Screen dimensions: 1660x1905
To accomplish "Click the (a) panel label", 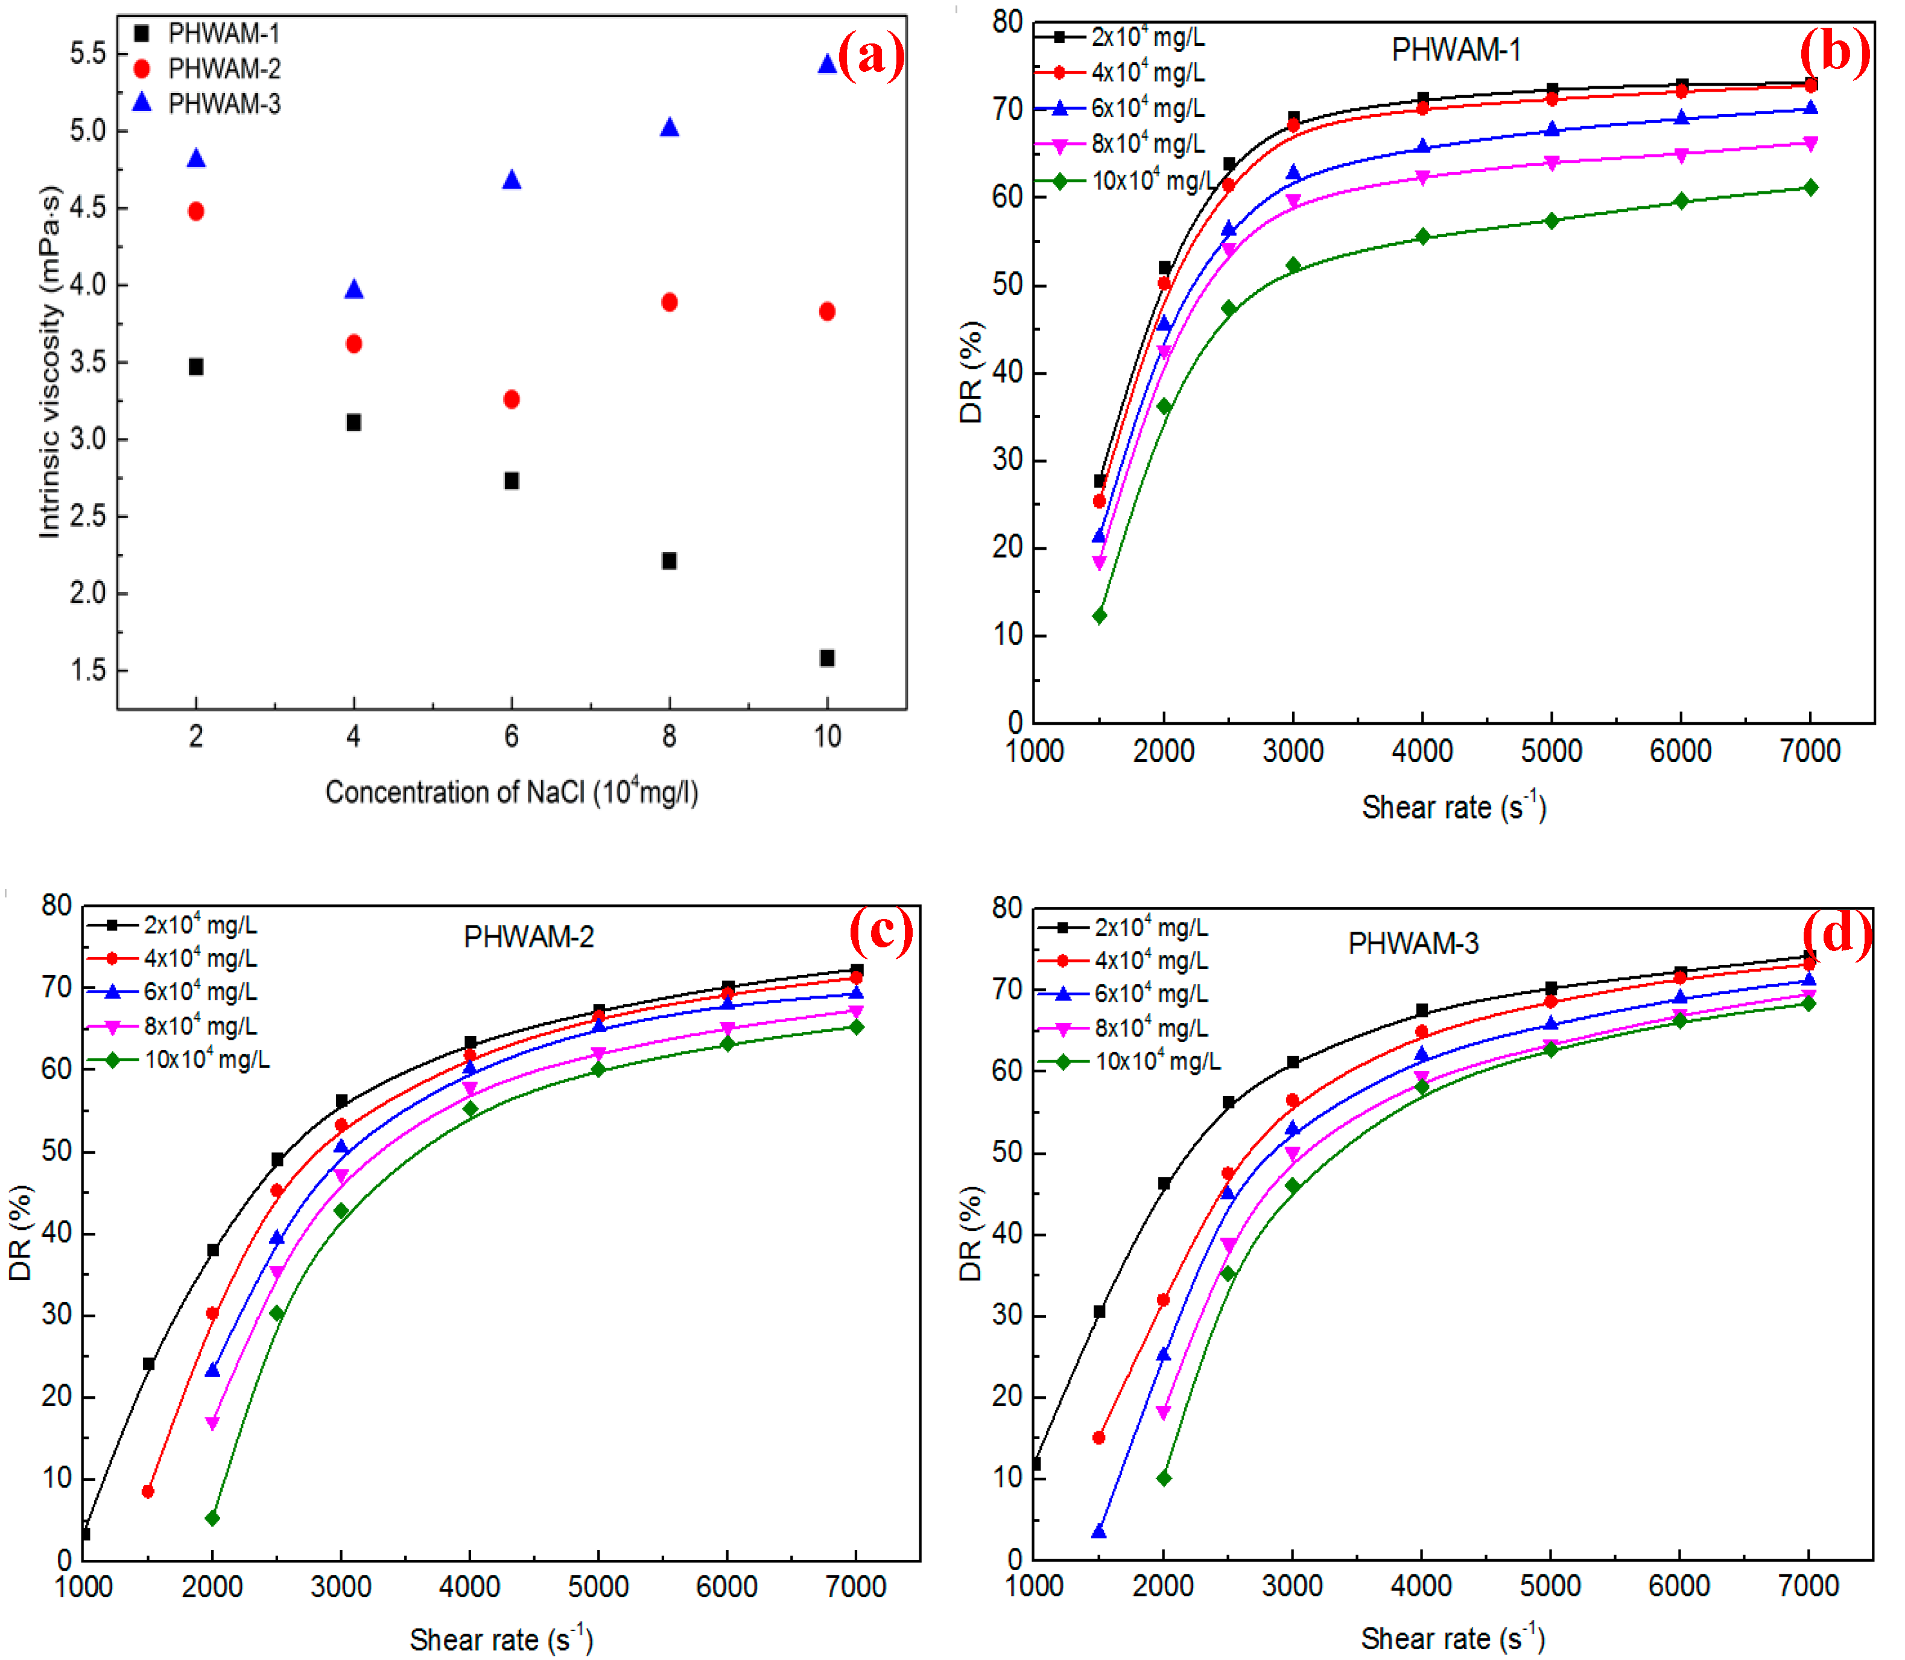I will pyautogui.click(x=870, y=57).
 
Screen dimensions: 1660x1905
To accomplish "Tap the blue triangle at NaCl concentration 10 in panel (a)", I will pyautogui.click(x=827, y=64).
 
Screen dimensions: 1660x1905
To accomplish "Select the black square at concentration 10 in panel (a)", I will pyautogui.click(x=827, y=658).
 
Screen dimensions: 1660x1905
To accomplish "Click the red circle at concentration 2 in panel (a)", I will pyautogui.click(x=195, y=211).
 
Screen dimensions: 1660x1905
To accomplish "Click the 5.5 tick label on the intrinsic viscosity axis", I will pyautogui.click(x=88, y=54).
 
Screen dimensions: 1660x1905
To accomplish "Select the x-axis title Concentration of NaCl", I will pyautogui.click(x=511, y=792).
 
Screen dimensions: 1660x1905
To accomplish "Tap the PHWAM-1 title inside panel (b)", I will pyautogui.click(x=1456, y=50).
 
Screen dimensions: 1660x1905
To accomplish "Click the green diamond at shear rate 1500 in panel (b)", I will pyautogui.click(x=1099, y=615).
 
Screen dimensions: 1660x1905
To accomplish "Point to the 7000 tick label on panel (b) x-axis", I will pyautogui.click(x=1810, y=750).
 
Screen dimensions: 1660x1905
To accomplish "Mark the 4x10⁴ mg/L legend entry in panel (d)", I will pyautogui.click(x=1151, y=961).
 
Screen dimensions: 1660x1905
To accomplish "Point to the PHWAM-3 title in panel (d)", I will pyautogui.click(x=1413, y=943).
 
